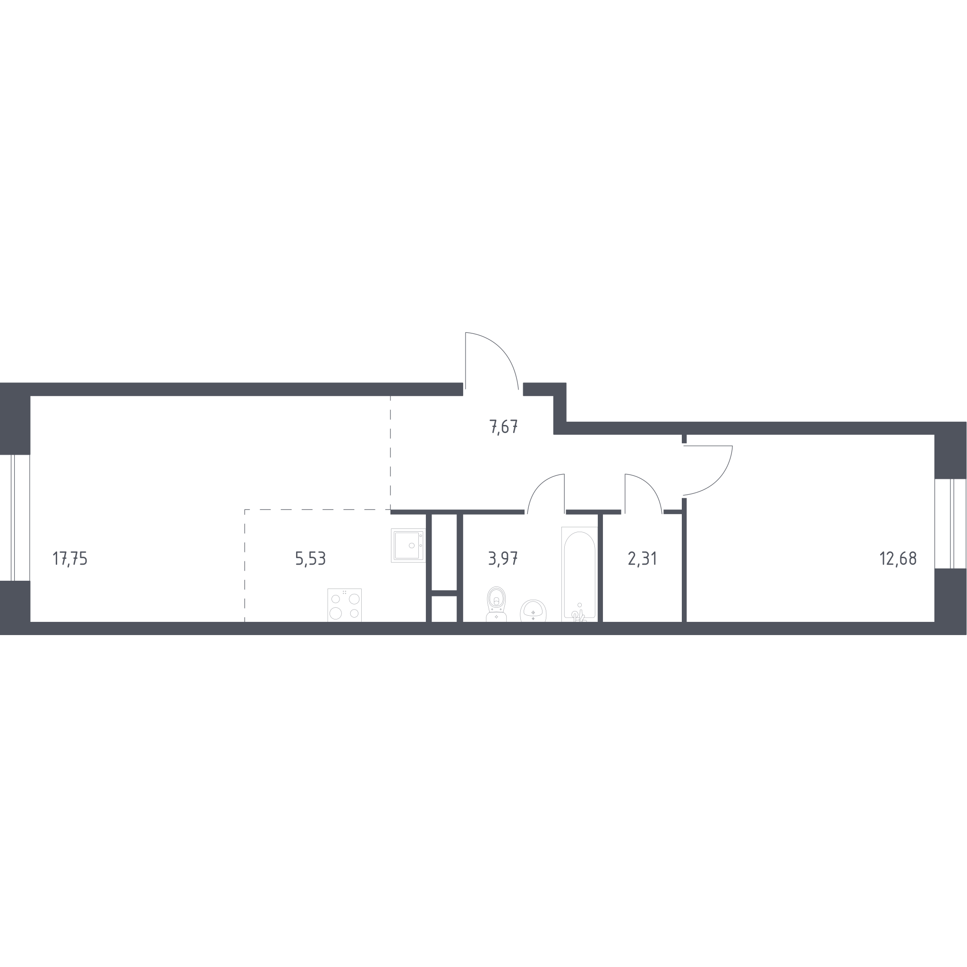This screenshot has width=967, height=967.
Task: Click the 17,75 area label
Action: click(x=70, y=559)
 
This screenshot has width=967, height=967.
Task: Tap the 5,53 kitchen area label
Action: click(x=310, y=559)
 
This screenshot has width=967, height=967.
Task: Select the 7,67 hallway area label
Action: click(x=503, y=427)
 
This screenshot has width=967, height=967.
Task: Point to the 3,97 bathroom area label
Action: click(x=503, y=559)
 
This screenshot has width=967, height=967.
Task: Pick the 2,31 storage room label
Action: click(x=642, y=559)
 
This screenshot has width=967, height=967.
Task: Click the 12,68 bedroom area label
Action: click(x=898, y=559)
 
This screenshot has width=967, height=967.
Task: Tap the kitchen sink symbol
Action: click(x=408, y=545)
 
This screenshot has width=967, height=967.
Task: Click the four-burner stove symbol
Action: click(x=344, y=605)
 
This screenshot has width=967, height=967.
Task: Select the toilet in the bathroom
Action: click(x=496, y=604)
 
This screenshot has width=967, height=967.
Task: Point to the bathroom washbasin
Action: click(x=533, y=611)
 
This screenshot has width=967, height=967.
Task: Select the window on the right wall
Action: click(x=950, y=524)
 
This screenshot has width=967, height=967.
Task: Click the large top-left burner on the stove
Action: click(x=336, y=599)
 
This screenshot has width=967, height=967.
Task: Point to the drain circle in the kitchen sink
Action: click(x=411, y=545)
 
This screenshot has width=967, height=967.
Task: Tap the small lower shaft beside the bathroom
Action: click(x=444, y=609)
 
